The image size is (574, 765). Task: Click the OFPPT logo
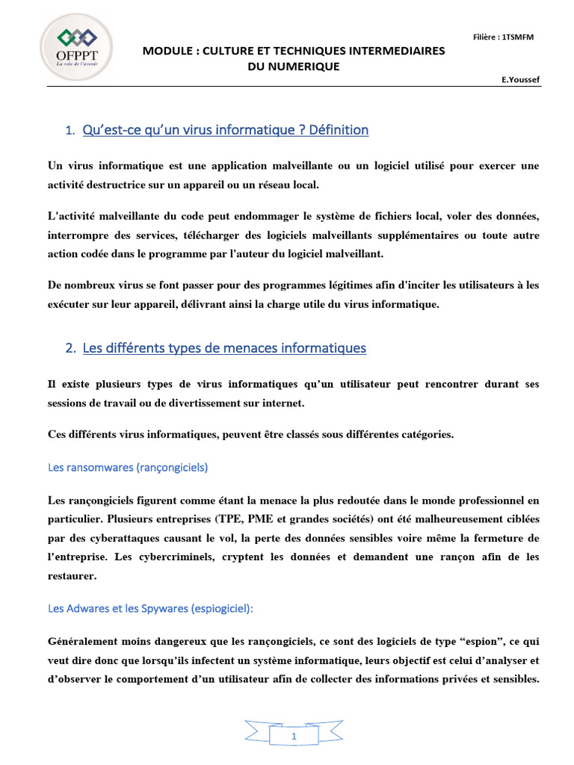click(76, 46)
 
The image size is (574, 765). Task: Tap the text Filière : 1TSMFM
click(504, 37)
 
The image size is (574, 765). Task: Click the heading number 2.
click(70, 349)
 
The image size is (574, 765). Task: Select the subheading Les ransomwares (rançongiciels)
click(128, 468)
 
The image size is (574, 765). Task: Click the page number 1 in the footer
click(294, 737)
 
